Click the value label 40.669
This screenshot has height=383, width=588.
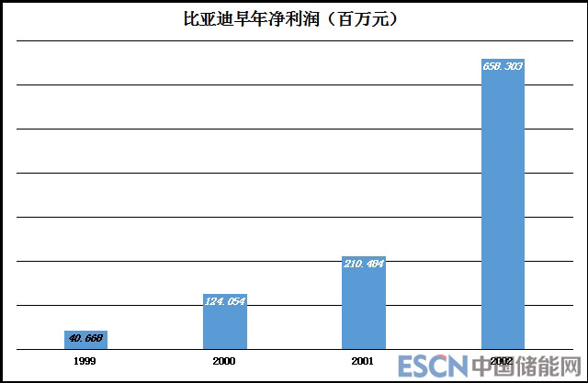tap(85, 338)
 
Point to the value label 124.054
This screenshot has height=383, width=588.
tap(224, 300)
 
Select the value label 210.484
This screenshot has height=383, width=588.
tap(363, 264)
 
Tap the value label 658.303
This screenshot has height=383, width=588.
tap(503, 67)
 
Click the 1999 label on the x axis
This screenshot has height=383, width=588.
tap(85, 361)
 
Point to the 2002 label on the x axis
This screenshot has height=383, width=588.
tap(502, 361)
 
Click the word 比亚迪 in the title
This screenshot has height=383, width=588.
tap(208, 18)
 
